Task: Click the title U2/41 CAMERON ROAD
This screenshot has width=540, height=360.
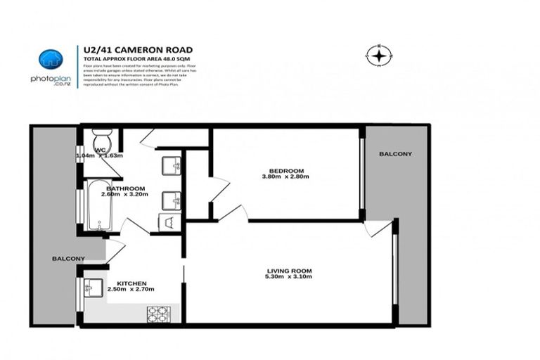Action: [138, 49]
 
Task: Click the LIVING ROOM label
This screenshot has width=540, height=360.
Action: [289, 271]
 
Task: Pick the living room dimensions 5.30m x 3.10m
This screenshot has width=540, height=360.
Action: [289, 278]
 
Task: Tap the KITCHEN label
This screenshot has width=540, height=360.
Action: [131, 283]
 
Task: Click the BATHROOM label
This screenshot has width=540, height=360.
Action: [126, 188]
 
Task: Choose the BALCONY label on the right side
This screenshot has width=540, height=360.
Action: [395, 154]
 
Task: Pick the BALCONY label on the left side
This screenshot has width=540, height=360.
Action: [68, 259]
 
